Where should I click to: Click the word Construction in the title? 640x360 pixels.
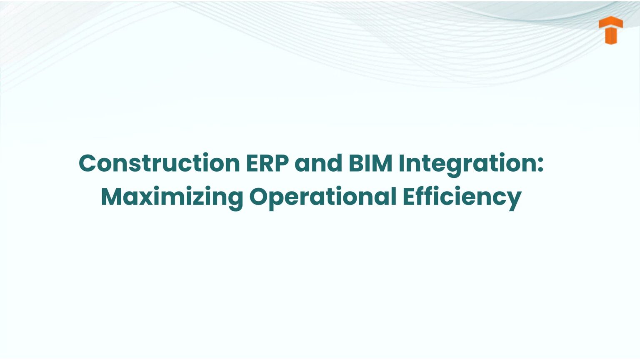(x=159, y=163)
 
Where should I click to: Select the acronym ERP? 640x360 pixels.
(x=267, y=163)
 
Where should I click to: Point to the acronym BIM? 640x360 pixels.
(x=370, y=163)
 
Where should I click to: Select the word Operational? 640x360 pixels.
(x=322, y=197)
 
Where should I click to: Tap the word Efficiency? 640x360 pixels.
(x=462, y=197)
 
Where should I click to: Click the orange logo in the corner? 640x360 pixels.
(x=610, y=30)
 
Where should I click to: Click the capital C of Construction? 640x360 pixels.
(x=87, y=163)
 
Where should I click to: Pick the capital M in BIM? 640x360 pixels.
(x=382, y=163)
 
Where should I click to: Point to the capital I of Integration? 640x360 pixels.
(x=402, y=163)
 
